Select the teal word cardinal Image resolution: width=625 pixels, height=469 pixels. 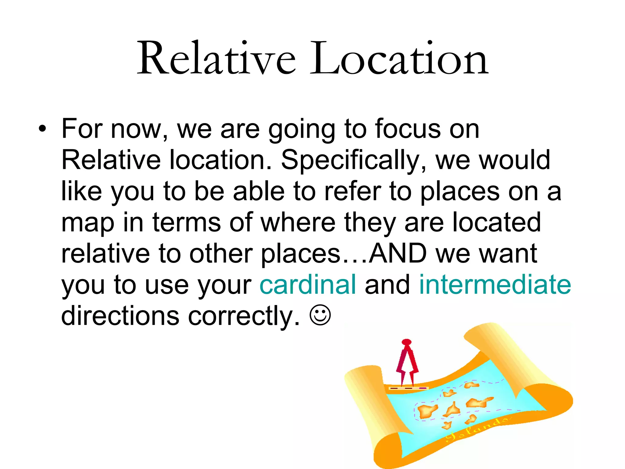pos(308,285)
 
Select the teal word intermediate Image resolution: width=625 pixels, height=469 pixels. pos(495,285)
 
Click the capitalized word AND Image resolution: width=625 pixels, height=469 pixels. pos(397,253)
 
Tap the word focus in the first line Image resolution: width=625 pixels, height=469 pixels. pos(408,129)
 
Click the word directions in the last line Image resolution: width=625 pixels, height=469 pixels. pos(120,316)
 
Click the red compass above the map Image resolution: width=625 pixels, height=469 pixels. pos(407,363)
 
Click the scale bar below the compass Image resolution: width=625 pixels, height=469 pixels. pos(408,388)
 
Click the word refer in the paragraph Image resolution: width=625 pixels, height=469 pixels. pos(352,192)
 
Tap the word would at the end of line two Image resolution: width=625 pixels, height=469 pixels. pos(515,160)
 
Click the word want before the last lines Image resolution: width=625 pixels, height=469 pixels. pos(508,253)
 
